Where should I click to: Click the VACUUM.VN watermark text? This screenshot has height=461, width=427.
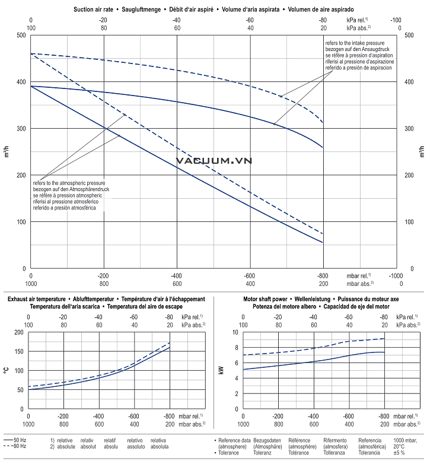click(213, 160)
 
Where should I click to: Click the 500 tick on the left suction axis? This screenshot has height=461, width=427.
click(21, 36)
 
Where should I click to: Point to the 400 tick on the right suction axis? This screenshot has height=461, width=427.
click(409, 82)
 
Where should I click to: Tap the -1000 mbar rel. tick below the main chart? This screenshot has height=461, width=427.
click(396, 276)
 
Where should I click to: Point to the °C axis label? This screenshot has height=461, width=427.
click(6, 370)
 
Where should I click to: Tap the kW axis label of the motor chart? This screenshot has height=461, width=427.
click(220, 370)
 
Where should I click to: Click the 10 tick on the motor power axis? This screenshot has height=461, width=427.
click(235, 332)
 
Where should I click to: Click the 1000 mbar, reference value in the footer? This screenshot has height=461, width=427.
click(406, 440)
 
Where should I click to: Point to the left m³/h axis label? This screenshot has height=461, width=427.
click(7, 152)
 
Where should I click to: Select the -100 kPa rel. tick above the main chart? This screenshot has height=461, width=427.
click(396, 20)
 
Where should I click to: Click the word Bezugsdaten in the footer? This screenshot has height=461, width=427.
click(268, 440)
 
